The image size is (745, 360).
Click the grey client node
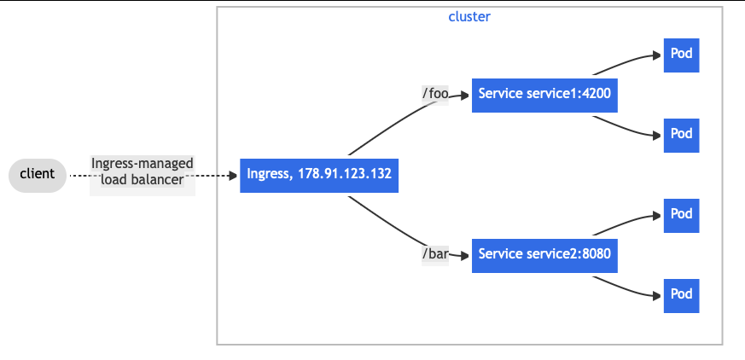point(38,175)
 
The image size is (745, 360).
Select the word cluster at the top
point(469,17)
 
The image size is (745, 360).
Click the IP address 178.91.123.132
point(344,175)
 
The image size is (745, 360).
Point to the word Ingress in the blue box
point(268,175)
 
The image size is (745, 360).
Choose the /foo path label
point(435,94)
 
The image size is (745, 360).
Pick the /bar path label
point(435,254)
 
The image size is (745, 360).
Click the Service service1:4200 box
point(544,94)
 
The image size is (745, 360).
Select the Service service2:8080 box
point(544,254)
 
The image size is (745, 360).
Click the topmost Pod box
point(681,55)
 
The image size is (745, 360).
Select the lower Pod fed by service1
point(681,135)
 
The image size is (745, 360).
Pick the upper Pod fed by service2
point(681,215)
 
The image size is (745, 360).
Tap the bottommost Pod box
point(681,295)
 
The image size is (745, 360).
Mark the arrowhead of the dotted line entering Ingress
point(233,176)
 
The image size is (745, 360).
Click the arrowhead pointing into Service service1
point(465,94)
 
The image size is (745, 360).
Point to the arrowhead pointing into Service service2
point(465,255)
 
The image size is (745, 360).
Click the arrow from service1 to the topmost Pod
point(627,61)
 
